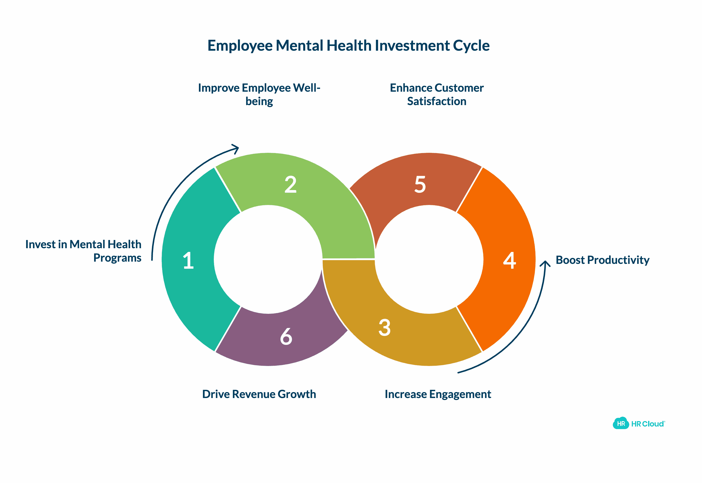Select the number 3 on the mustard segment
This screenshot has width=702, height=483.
click(384, 327)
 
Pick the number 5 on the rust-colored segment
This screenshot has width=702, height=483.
click(420, 184)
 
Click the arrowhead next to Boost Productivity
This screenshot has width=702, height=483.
click(545, 263)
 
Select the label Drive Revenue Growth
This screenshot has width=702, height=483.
click(259, 394)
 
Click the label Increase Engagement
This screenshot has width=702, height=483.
click(438, 394)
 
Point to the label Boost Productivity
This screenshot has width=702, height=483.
click(602, 260)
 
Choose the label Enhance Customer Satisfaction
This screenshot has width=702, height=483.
click(437, 94)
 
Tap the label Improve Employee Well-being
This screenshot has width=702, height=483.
click(259, 94)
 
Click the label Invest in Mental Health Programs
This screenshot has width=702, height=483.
click(83, 251)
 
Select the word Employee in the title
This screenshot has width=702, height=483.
click(240, 46)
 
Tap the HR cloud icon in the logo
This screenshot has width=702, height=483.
click(621, 423)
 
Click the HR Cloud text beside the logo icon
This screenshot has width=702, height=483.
click(648, 424)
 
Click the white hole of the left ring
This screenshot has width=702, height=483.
click(268, 259)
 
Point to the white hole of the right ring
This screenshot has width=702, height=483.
click(429, 259)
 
